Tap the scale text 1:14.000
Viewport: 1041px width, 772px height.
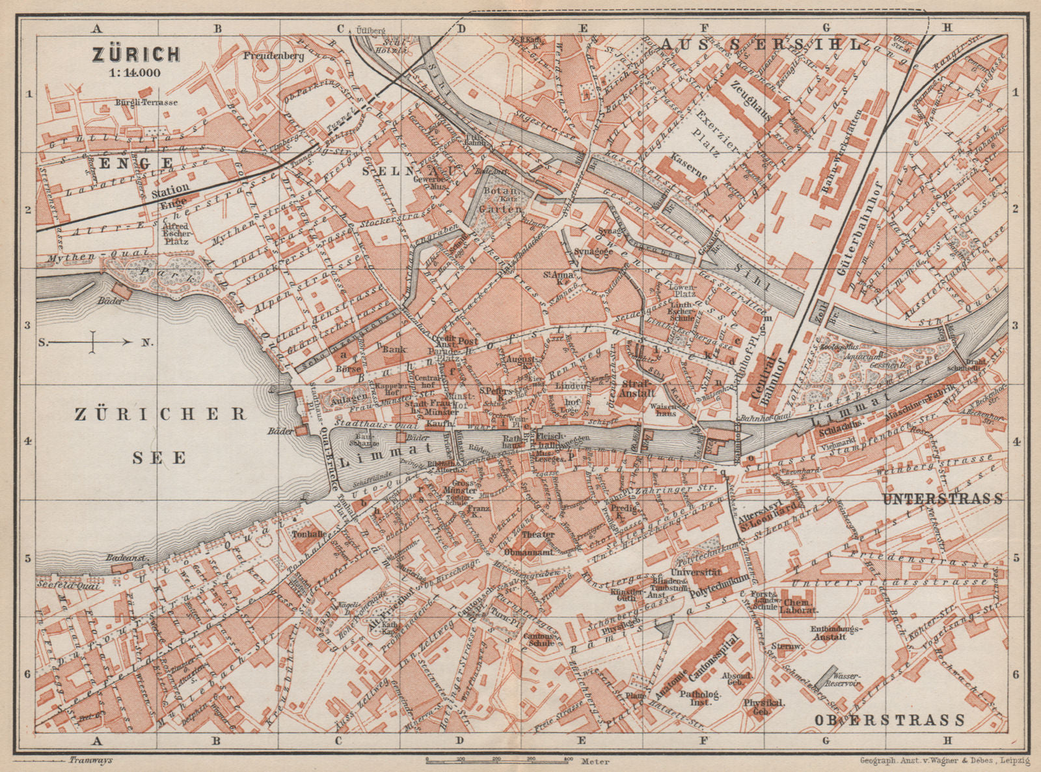coord(135,72)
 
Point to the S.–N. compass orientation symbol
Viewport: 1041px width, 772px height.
coord(92,342)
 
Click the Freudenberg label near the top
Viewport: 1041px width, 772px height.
coord(274,56)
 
